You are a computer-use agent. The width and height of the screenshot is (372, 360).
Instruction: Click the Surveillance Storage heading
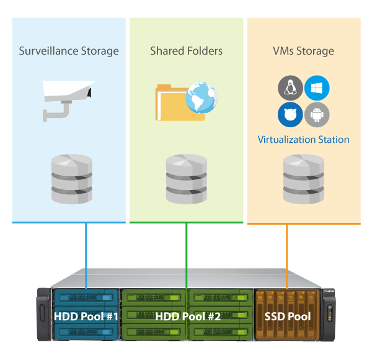[x=68, y=50]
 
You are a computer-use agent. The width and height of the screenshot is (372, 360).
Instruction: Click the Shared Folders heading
[x=186, y=50]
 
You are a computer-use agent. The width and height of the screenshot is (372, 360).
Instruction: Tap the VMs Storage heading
[x=303, y=50]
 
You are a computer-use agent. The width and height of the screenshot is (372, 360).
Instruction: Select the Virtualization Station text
[x=303, y=140]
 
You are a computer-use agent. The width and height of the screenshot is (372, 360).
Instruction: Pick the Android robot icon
[x=317, y=115]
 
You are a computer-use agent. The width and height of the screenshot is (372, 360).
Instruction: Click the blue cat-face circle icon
[x=289, y=115]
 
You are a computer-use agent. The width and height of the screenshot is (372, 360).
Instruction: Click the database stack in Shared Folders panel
[x=186, y=180]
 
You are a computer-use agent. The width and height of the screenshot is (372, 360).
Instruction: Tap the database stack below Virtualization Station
[x=303, y=180]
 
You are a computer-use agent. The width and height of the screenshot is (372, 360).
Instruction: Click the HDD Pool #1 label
[x=86, y=316]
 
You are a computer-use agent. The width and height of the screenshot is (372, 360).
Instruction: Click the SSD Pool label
[x=287, y=316]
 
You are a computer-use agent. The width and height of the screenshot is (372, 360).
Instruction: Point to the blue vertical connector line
[x=86, y=254]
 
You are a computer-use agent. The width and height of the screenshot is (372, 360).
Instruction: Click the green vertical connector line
[x=187, y=254]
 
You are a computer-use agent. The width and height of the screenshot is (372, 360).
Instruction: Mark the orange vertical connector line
[x=287, y=254]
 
